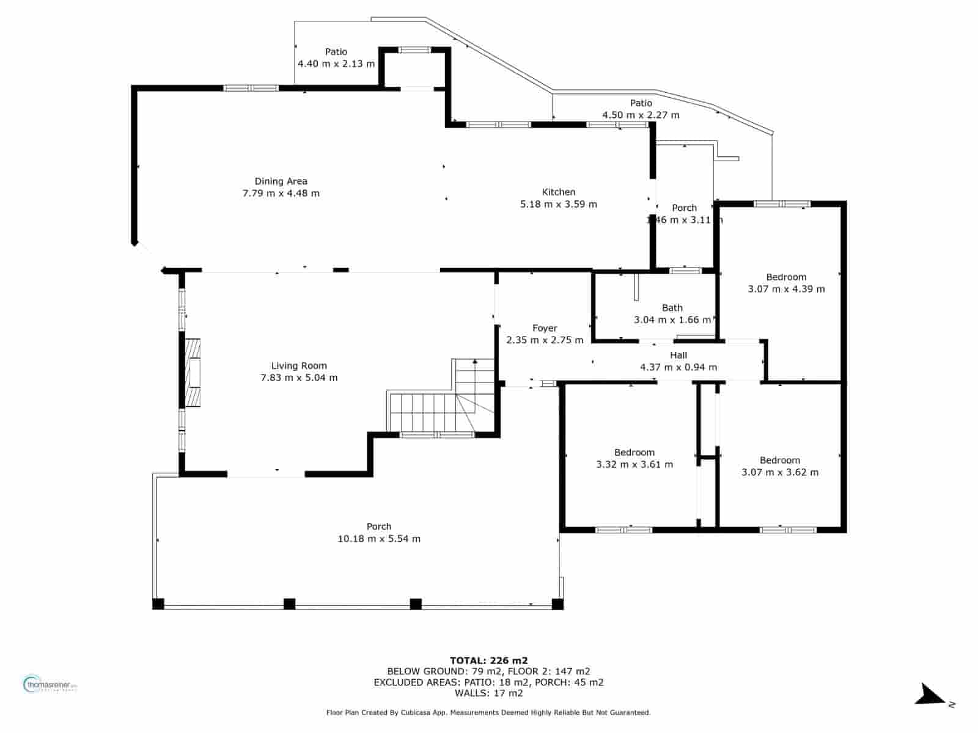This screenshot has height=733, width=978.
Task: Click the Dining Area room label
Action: point(281,181)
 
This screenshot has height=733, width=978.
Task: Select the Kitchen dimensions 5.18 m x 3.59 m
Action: point(558,204)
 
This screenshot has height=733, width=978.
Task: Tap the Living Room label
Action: point(299,366)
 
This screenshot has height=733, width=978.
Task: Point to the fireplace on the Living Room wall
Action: point(193,373)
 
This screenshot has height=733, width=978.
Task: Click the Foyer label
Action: point(545,328)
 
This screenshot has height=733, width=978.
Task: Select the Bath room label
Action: point(672,308)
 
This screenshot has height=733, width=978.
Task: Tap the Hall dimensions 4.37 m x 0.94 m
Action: point(678,367)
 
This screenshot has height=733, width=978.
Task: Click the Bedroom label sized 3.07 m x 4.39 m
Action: point(786,277)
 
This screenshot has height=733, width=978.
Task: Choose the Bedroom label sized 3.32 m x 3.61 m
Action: point(634,453)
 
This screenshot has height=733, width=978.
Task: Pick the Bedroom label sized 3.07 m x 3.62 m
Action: point(779,461)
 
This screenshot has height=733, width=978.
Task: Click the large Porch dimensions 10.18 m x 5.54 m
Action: point(379,539)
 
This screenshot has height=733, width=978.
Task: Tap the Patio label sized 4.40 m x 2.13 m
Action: point(336,52)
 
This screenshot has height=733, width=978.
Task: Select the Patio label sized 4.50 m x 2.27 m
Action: point(641,103)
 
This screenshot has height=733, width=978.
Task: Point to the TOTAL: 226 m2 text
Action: point(488,660)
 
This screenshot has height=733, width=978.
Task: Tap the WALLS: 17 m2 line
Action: point(488,693)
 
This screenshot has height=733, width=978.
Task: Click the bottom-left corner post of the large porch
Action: point(158,604)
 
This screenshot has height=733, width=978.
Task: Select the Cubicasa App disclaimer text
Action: point(488,712)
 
